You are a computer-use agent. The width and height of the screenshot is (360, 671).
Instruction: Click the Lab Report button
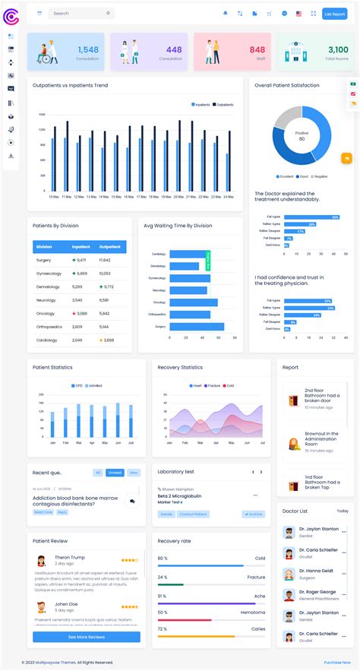[x=334, y=14]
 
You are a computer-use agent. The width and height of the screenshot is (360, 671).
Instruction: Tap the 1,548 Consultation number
[x=87, y=50]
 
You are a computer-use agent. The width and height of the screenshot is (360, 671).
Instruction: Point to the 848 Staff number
[x=257, y=50]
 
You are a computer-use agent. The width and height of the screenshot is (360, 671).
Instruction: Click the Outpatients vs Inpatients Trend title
[x=70, y=85]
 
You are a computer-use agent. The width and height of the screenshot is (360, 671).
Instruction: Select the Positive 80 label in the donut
[x=302, y=136]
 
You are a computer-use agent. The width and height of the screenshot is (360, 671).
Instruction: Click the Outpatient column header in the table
[x=110, y=246]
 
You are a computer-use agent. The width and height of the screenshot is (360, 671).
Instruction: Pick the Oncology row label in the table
[x=45, y=313]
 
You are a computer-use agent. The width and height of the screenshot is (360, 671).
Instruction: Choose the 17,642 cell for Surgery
[x=105, y=260]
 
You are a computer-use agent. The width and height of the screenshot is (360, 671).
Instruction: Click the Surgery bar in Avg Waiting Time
[x=197, y=327]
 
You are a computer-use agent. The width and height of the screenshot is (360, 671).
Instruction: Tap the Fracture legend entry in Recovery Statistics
[x=213, y=386]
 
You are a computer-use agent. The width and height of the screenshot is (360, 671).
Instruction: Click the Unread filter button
[x=115, y=473]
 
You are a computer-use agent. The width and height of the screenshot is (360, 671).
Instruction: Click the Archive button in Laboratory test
[x=254, y=514]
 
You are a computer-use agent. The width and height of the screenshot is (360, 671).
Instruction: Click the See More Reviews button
[x=86, y=637]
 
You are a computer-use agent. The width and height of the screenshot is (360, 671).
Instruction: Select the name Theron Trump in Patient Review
[x=70, y=557]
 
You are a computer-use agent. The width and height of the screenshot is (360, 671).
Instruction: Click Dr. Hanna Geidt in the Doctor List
[x=318, y=570]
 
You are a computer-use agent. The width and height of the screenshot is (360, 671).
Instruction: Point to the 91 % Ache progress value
[x=163, y=596]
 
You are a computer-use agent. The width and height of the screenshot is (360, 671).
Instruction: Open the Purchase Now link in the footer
[x=336, y=663]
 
